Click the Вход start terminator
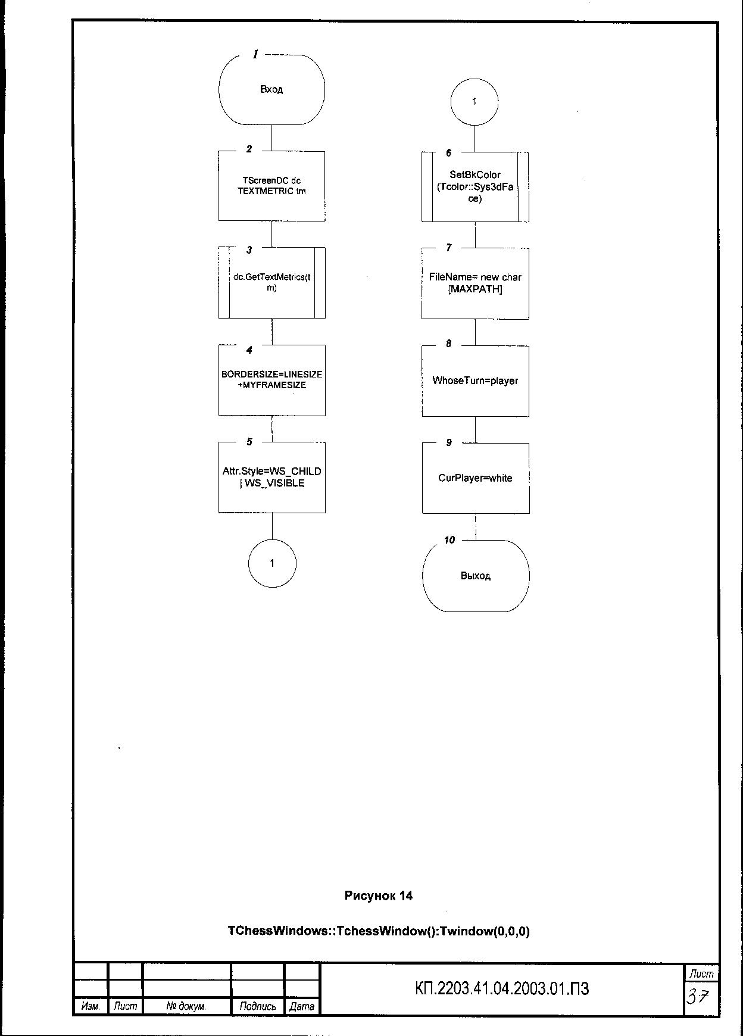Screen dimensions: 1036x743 point(271,89)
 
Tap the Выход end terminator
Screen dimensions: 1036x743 point(475,576)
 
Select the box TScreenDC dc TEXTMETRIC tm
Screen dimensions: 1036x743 point(271,186)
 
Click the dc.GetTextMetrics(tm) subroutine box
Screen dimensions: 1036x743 point(271,282)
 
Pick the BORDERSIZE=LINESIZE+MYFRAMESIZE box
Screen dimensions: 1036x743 point(271,380)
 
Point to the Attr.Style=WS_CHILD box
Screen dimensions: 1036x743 point(271,477)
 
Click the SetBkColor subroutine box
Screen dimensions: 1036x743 point(475,186)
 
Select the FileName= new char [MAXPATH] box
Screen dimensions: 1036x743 point(475,283)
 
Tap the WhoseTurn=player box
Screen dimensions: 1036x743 point(475,380)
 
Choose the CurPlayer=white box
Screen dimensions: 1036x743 point(475,478)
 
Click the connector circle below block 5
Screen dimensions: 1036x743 point(272,563)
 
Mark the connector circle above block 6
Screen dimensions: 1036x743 point(474,102)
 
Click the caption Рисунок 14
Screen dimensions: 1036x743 point(378,896)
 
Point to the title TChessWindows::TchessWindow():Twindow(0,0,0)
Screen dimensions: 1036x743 point(378,931)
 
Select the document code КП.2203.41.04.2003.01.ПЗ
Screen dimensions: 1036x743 point(501,989)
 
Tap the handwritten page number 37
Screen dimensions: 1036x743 point(698,996)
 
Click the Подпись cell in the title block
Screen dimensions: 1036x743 point(257,1006)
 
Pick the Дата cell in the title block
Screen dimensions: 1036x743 point(301,1006)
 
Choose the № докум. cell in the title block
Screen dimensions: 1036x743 point(186,1006)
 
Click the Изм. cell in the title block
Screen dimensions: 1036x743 point(90,1006)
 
